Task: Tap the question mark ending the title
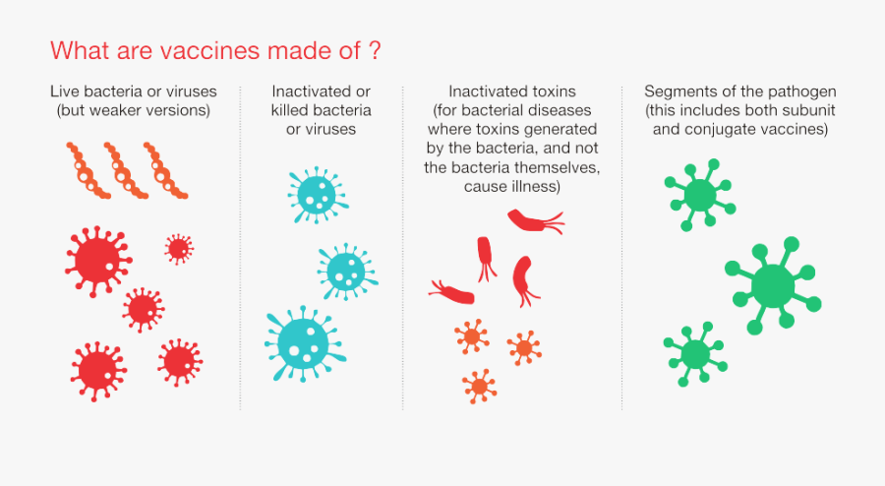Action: point(376,49)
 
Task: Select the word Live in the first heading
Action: point(67,91)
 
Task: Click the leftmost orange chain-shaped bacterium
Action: point(88,170)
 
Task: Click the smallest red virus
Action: point(178,248)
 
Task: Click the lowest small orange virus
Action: point(479,386)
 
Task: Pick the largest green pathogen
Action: point(773,285)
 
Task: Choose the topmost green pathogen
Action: point(700,193)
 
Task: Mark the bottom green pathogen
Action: point(694,353)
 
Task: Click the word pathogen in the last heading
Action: point(803,91)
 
